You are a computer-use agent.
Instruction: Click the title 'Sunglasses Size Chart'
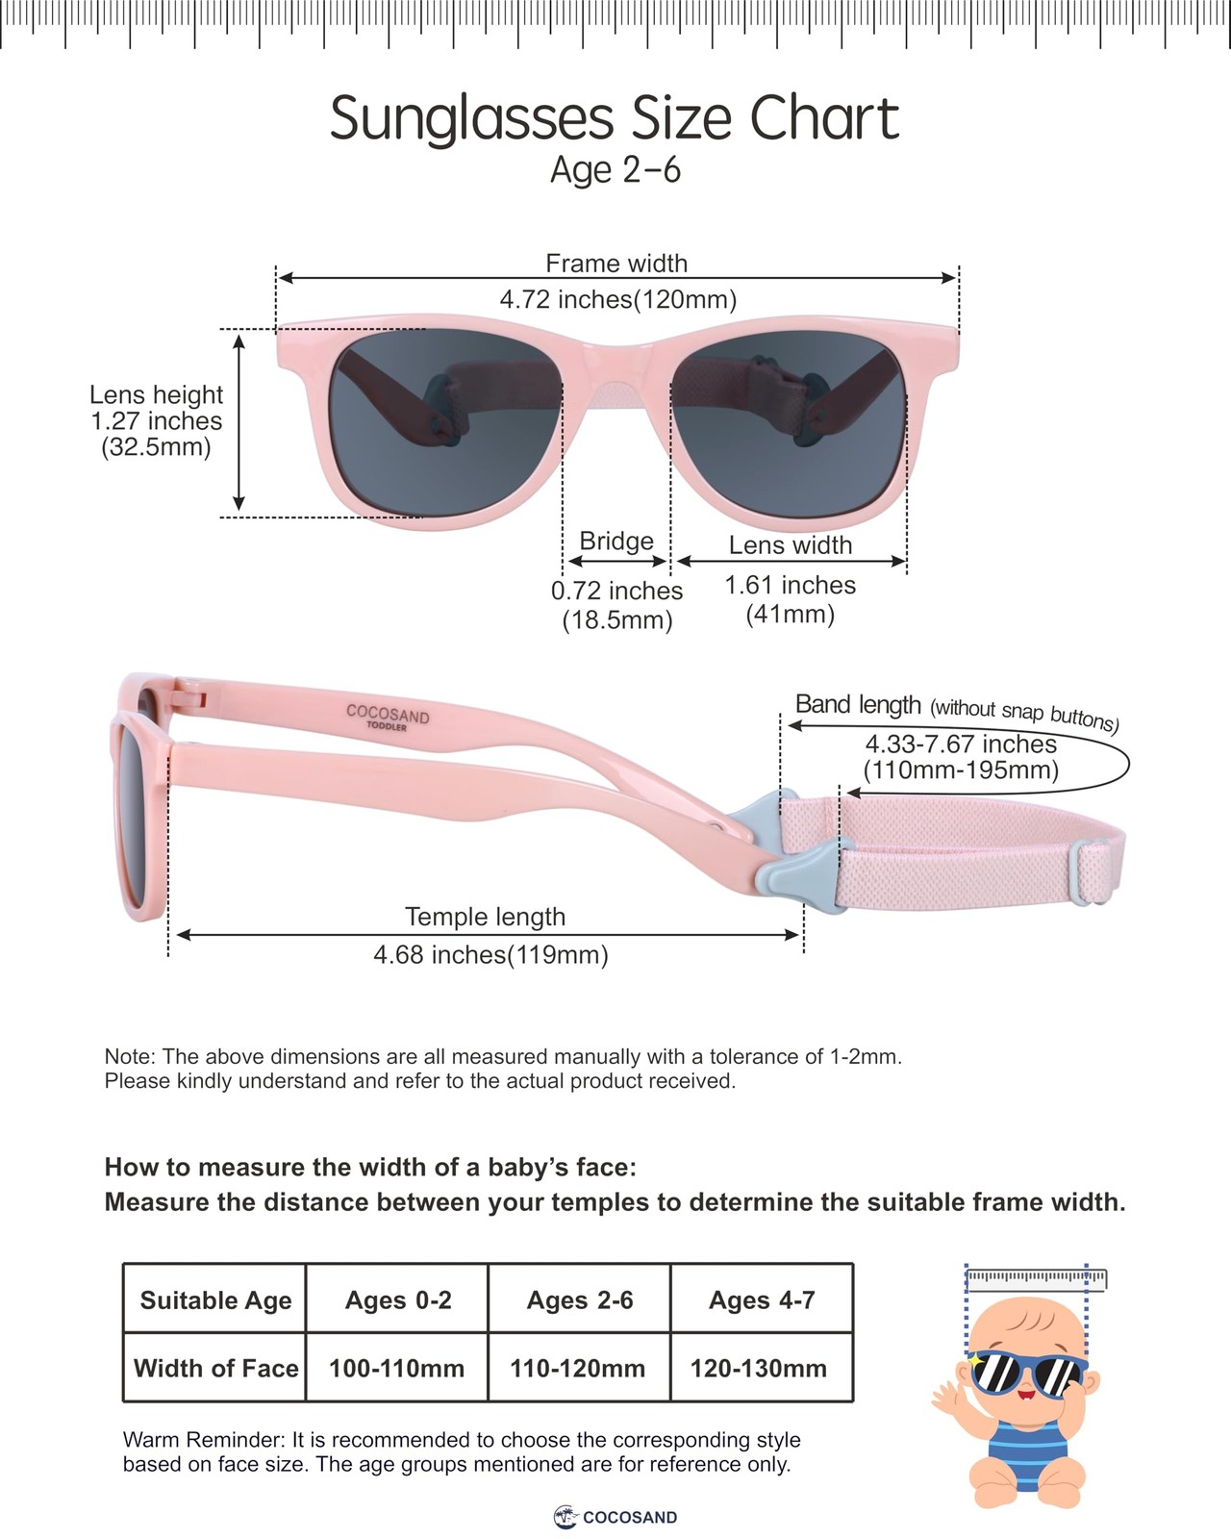coord(615,118)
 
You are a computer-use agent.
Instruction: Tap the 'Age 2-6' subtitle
coord(615,170)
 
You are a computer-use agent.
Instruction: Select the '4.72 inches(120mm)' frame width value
coord(617,299)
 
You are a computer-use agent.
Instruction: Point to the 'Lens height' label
coord(156,394)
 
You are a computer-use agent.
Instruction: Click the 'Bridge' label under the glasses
coord(616,541)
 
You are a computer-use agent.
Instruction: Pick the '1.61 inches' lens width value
coord(790,585)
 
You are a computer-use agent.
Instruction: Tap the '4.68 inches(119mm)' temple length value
coord(490,954)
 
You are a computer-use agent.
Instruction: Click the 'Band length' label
coord(858,704)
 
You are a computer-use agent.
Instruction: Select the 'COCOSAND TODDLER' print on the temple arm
coord(388,717)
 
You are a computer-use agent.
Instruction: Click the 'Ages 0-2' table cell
coord(398,1300)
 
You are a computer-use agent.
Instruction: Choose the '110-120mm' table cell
coord(578,1368)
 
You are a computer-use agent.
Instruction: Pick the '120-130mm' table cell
coord(759,1368)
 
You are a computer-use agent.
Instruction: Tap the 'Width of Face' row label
coord(215,1368)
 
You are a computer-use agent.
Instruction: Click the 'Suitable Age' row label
coord(215,1300)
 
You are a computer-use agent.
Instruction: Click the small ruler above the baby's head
coord(1036,1278)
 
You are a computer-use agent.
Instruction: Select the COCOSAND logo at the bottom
coord(615,1517)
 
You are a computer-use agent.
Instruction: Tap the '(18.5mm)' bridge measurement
coord(616,620)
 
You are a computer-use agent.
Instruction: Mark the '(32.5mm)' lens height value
coord(156,447)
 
